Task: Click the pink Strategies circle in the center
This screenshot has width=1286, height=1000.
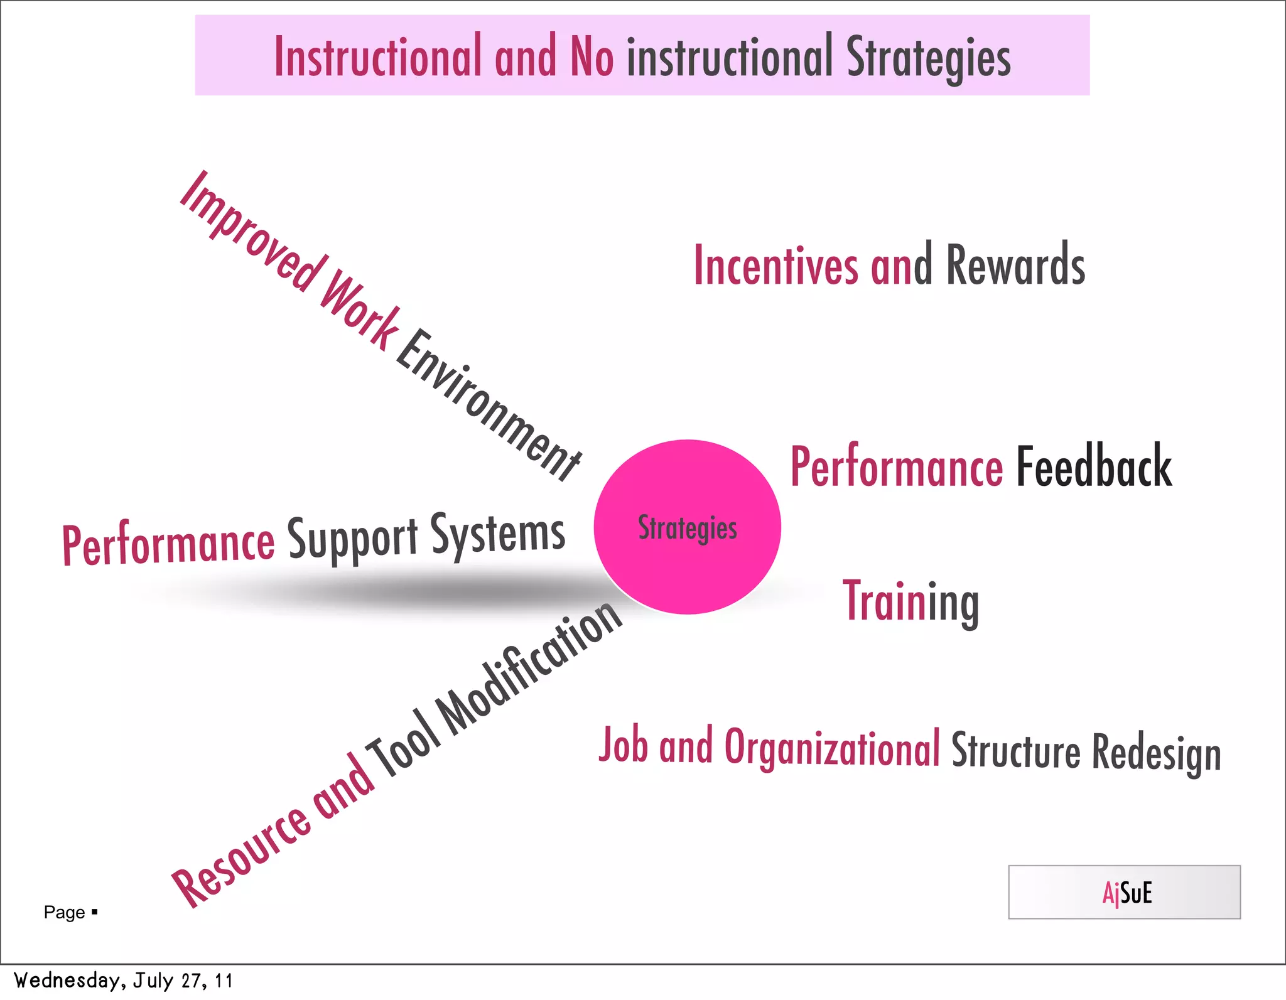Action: pyautogui.click(x=687, y=527)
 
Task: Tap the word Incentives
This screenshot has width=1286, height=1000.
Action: pyautogui.click(x=775, y=266)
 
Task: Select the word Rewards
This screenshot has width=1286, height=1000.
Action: pyautogui.click(x=1015, y=266)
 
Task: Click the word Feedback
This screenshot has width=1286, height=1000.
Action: pyautogui.click(x=1094, y=466)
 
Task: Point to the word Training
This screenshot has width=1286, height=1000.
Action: pyautogui.click(x=910, y=603)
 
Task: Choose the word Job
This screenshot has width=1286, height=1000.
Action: pyautogui.click(x=623, y=745)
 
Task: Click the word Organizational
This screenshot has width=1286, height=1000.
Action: pyautogui.click(x=832, y=748)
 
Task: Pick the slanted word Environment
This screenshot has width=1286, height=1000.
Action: pyautogui.click(x=490, y=405)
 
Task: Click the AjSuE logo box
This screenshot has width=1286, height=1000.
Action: pyautogui.click(x=1124, y=892)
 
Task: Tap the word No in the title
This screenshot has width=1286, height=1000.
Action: pyautogui.click(x=591, y=56)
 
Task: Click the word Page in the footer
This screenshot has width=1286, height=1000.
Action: pyautogui.click(x=64, y=912)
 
